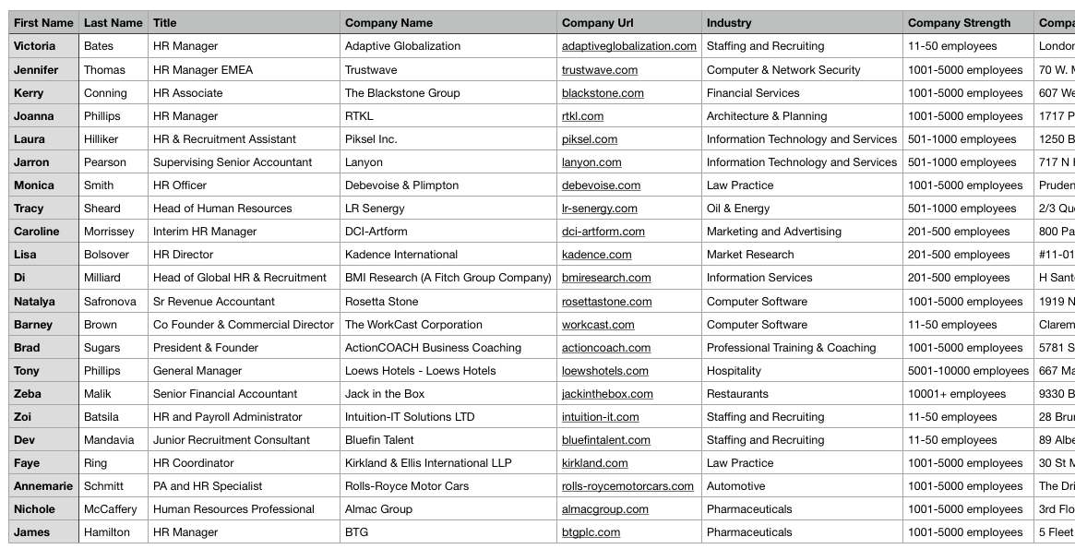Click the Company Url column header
598,23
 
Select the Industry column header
729,23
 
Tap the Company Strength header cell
959,23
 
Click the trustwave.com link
600,70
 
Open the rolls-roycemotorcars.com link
627,486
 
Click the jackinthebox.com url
607,394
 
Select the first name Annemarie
43,486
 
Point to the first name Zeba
28,394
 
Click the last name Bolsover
106,255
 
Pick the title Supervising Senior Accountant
233,162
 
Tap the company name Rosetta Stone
381,302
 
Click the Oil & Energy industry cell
738,209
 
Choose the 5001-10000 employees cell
968,371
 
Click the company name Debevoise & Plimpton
401,185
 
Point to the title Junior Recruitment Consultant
232,440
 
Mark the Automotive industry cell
735,486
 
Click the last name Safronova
110,302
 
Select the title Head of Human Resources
222,209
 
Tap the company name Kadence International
400,255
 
